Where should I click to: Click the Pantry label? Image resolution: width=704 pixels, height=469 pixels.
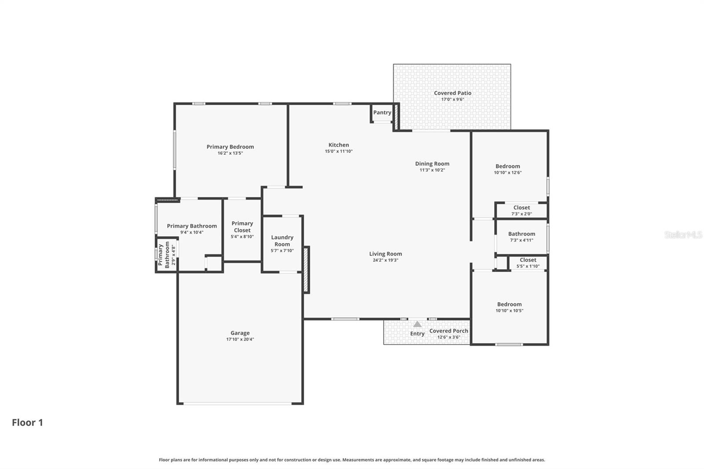[382, 113]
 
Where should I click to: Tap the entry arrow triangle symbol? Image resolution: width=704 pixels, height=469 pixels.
[417, 324]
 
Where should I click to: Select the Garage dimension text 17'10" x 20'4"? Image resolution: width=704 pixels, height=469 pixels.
[240, 339]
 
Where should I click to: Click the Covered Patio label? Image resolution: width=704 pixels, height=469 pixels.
[452, 93]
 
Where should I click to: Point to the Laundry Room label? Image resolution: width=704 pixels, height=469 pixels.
[282, 241]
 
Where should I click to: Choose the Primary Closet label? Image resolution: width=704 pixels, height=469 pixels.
[242, 227]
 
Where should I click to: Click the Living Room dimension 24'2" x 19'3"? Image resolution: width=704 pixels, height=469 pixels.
[385, 260]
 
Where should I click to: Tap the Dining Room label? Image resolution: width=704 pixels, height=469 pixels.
[432, 164]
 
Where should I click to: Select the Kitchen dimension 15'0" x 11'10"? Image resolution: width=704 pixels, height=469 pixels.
[338, 151]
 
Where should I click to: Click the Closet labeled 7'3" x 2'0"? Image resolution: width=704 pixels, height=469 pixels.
[521, 208]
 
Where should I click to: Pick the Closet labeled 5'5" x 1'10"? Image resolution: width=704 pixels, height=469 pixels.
[528, 260]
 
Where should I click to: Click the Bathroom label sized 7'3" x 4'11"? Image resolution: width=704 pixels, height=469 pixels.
[521, 234]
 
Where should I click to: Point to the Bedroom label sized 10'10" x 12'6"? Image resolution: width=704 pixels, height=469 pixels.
[507, 166]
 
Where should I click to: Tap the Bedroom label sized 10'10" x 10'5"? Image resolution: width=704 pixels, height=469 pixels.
[509, 304]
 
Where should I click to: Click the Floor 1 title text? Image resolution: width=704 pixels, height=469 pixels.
[27, 422]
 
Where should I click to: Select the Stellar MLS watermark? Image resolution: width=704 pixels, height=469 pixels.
[683, 234]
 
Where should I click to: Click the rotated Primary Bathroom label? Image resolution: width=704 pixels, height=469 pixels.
[164, 255]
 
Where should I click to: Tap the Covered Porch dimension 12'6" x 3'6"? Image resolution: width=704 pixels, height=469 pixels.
[448, 337]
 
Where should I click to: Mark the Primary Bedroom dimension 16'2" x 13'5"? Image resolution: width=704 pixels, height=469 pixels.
[230, 153]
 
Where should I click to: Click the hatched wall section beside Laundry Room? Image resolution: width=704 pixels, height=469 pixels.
[306, 269]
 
